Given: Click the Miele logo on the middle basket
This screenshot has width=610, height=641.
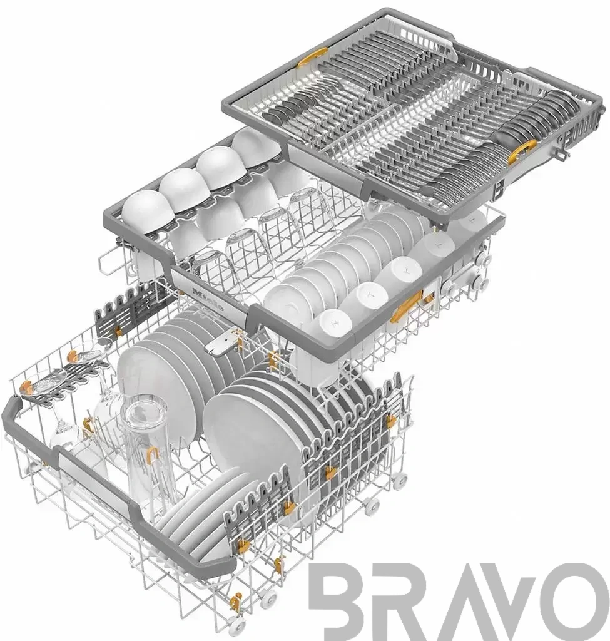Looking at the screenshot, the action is pos(208,300).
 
